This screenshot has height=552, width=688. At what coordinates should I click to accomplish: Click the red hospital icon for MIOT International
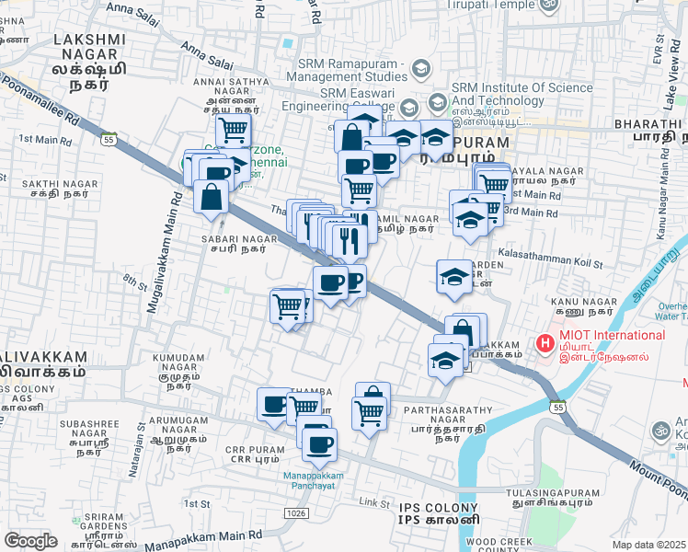coord(545,344)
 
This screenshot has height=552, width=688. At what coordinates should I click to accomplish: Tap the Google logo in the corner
coord(30,541)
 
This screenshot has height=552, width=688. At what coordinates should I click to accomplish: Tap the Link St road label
coord(375,502)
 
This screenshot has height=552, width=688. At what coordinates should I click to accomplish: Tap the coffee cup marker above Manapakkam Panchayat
coord(319,446)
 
